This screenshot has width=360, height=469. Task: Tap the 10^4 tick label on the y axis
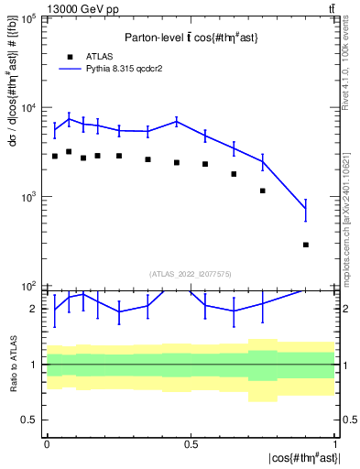tap(28, 108)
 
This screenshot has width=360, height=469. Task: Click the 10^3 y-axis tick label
tap(28, 197)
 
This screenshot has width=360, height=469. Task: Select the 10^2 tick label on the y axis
tap(28, 287)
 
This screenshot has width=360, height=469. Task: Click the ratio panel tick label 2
tap(33, 309)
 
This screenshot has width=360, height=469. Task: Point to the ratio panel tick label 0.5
tap(29, 420)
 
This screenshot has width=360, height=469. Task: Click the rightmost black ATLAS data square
tap(305, 245)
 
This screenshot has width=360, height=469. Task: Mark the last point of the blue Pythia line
tap(305, 210)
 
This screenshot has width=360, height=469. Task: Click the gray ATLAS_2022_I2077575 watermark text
tap(191, 273)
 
